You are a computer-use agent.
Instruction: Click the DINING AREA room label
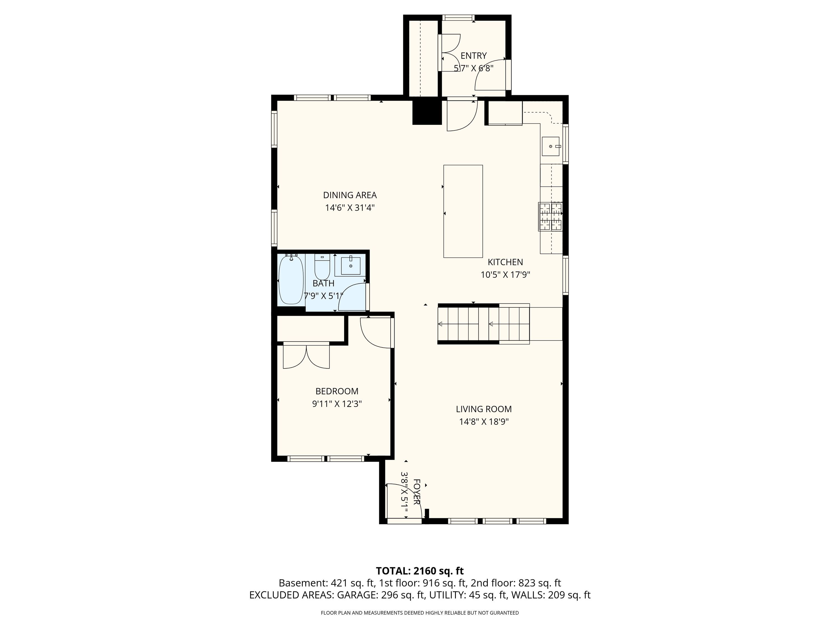pyautogui.click(x=350, y=195)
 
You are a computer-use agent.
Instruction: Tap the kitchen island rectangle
pyautogui.click(x=463, y=211)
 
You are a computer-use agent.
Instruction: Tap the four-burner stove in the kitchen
pyautogui.click(x=550, y=216)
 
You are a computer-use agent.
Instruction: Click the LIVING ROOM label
pyautogui.click(x=484, y=409)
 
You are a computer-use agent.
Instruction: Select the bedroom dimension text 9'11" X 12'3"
pyautogui.click(x=337, y=404)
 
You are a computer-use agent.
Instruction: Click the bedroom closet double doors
pyautogui.click(x=306, y=355)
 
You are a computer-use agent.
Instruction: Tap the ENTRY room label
pyautogui.click(x=473, y=56)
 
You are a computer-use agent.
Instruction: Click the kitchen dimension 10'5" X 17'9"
pyautogui.click(x=505, y=275)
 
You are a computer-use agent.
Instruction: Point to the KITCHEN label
pyautogui.click(x=505, y=262)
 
